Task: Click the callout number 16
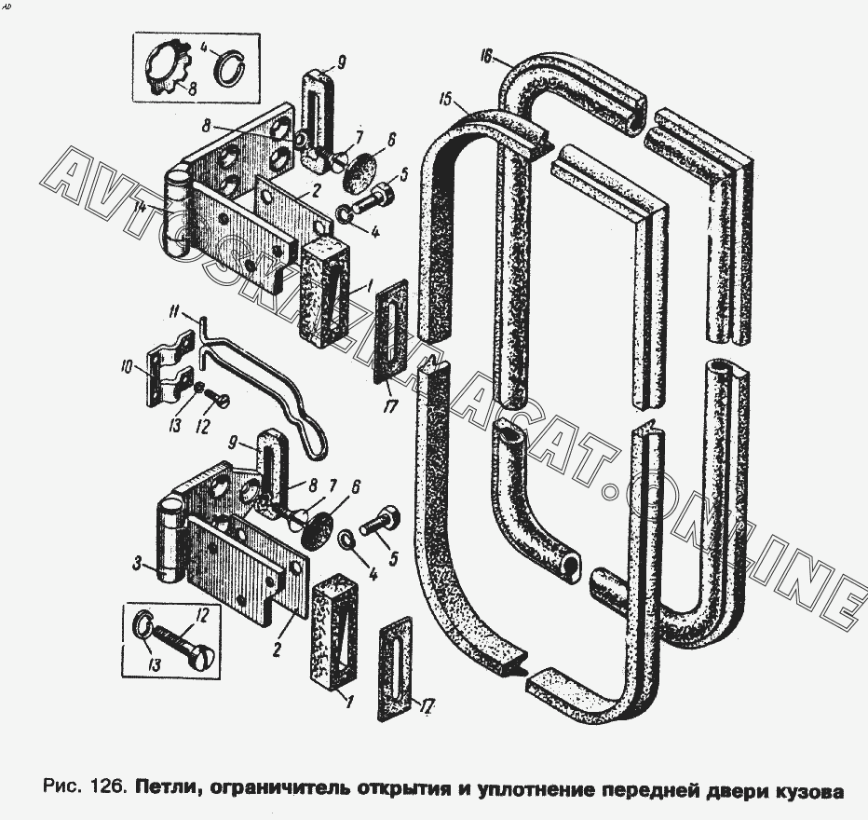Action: point(486,58)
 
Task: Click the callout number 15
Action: point(445,99)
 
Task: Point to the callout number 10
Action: point(127,366)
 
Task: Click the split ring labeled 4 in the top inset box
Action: point(228,68)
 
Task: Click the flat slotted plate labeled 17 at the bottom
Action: point(397,669)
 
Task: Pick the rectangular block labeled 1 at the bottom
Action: point(333,631)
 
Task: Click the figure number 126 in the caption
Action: point(106,788)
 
